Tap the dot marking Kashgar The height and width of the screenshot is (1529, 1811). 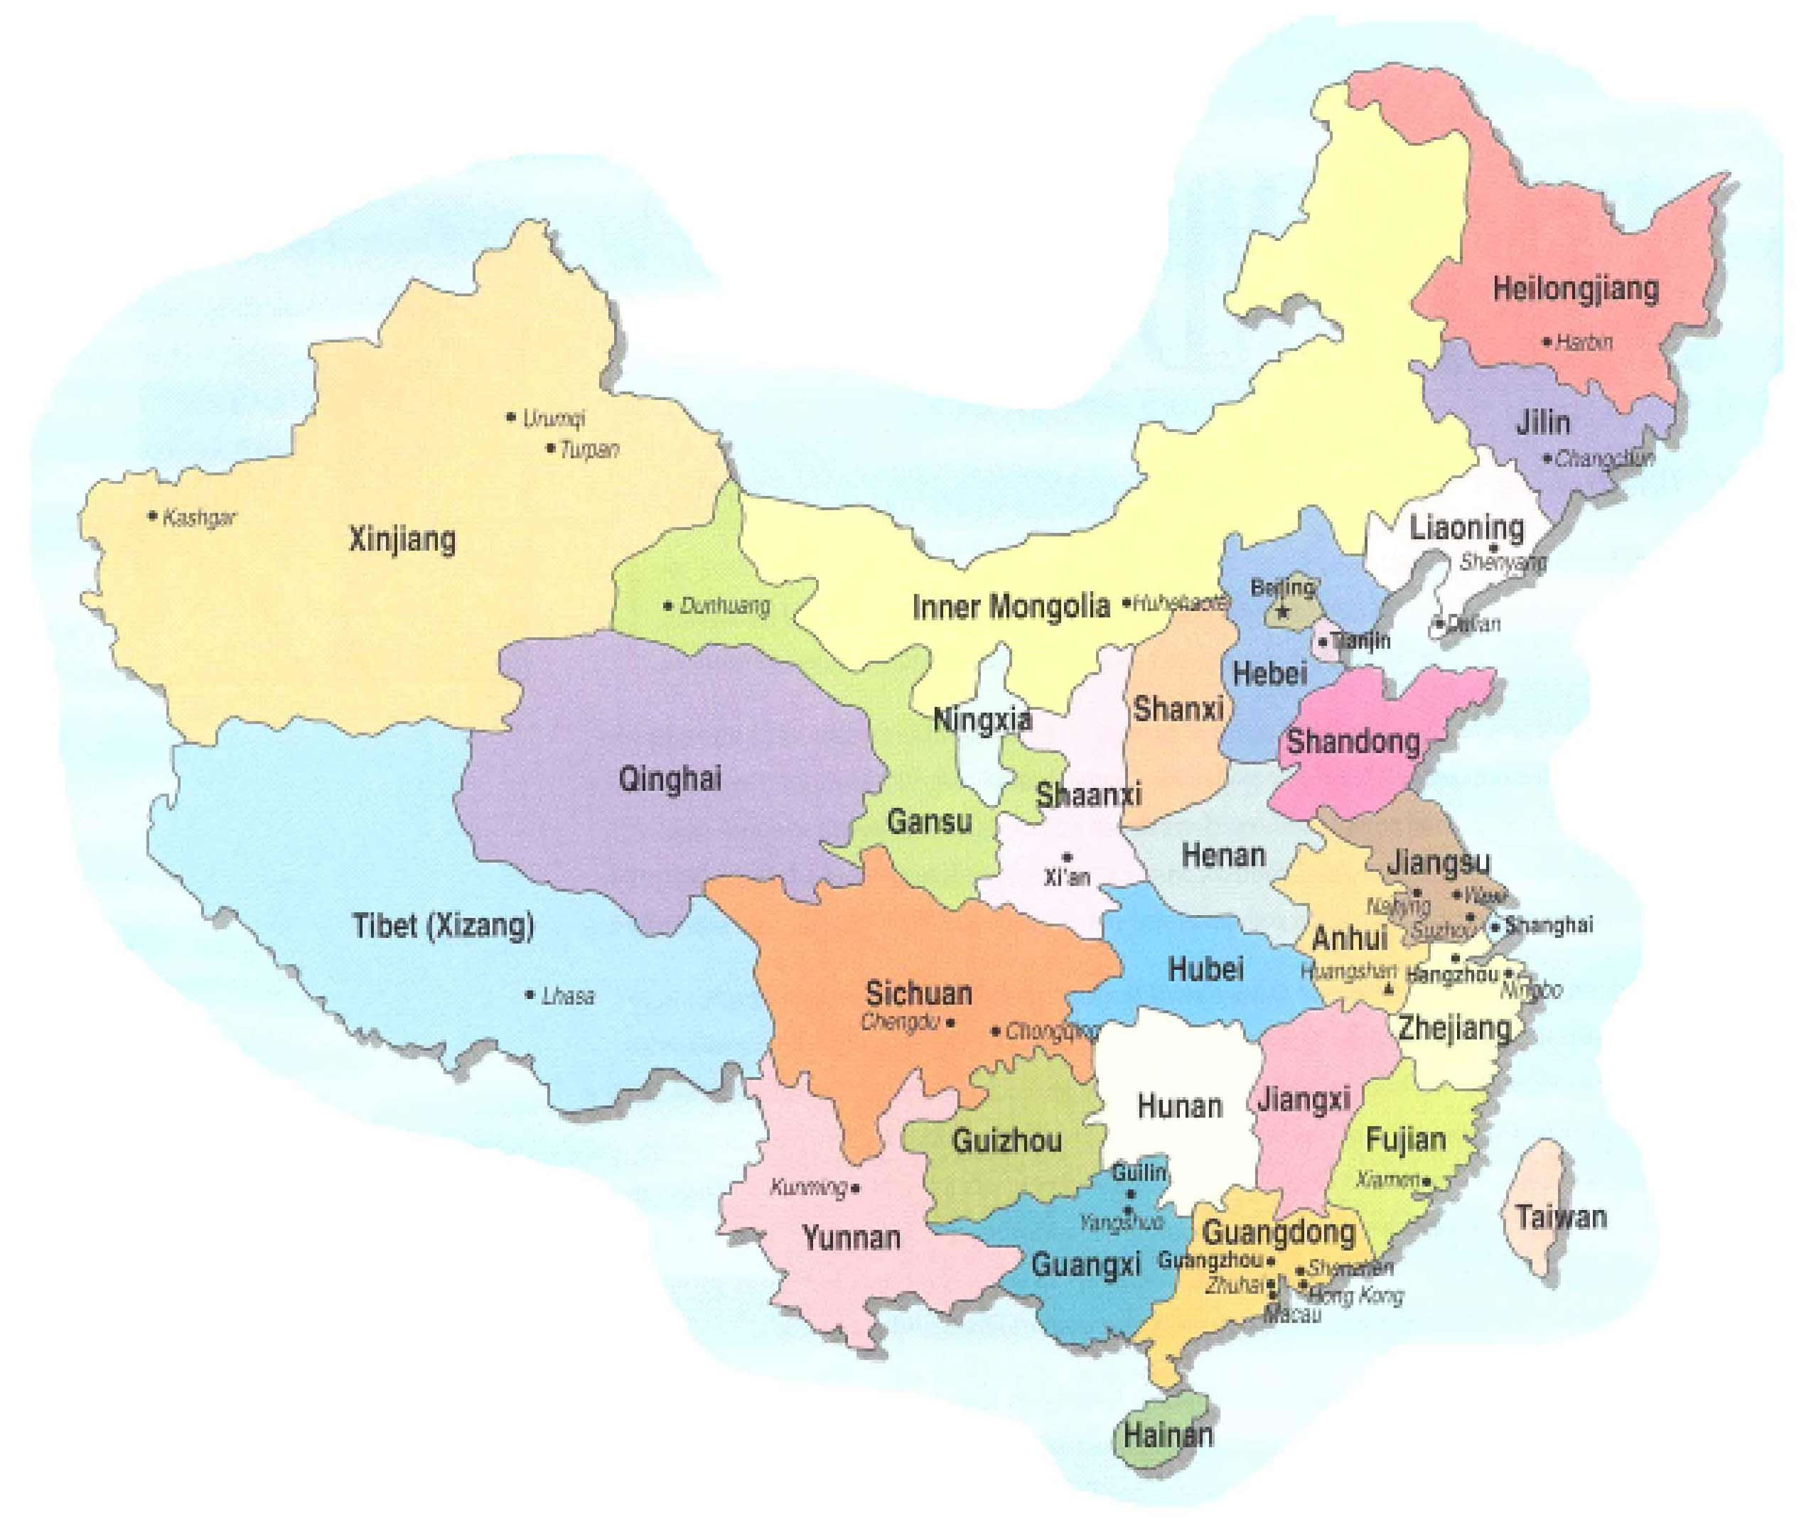point(154,516)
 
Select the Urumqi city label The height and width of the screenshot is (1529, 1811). point(553,418)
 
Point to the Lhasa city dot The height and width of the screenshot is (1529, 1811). point(530,994)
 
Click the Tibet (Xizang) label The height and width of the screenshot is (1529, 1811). point(443,926)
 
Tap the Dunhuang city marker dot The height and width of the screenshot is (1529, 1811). point(667,605)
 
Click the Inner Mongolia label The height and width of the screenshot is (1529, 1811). point(1011,605)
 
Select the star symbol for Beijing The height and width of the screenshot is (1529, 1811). point(1283,613)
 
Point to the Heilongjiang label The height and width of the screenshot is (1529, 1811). point(1575,288)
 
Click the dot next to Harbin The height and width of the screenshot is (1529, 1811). point(1547,342)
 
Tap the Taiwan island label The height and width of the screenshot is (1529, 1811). point(1561,1217)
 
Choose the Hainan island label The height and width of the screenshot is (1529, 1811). point(1168,1435)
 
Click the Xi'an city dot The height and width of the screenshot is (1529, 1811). point(1067,858)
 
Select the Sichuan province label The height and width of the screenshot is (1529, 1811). point(919,993)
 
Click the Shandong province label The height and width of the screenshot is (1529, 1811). point(1353,741)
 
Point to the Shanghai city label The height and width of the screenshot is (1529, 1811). point(1548,925)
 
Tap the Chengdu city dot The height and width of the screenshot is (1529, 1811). point(950,1023)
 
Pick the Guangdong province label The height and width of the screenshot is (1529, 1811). point(1279,1232)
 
